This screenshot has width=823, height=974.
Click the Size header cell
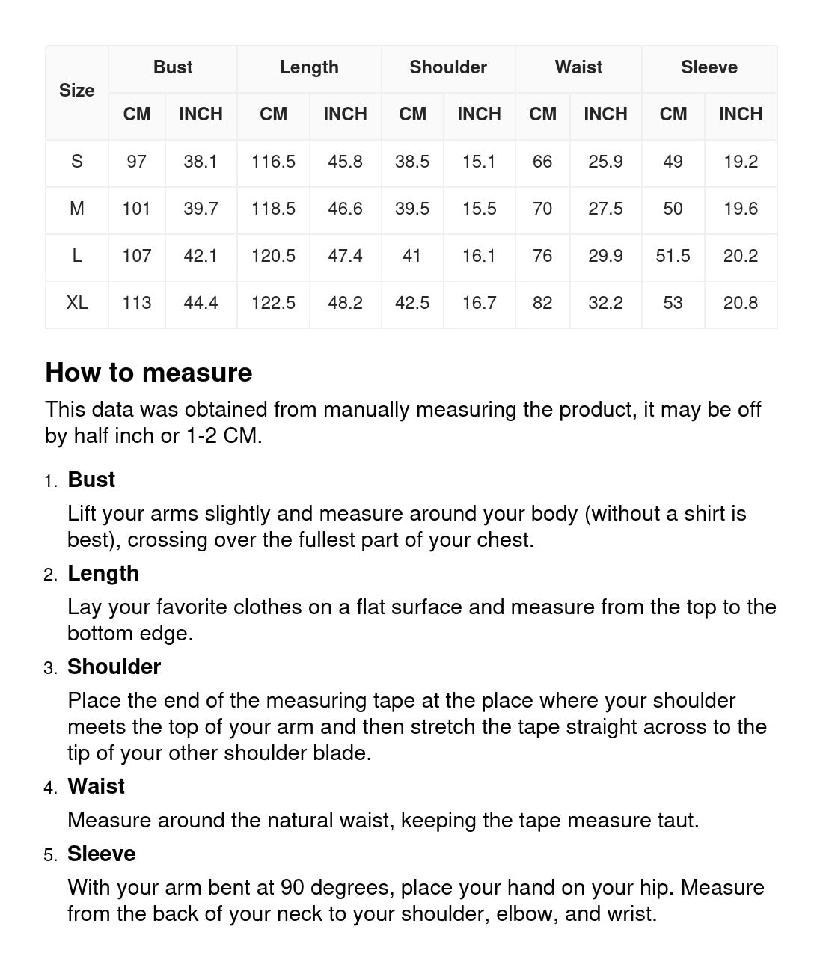coord(76,91)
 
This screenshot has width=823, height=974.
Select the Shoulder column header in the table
coord(447,67)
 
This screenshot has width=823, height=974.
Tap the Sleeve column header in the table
coord(709,67)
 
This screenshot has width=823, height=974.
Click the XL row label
coord(76,303)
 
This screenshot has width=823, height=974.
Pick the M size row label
coord(76,209)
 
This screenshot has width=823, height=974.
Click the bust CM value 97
coord(136,162)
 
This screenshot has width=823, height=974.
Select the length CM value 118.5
coord(273,209)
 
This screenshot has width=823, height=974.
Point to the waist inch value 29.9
coord(605,256)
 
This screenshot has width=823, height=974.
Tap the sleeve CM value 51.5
coord(673,256)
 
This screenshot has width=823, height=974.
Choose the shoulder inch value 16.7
coord(479,303)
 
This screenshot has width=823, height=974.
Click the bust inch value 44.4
coord(201,303)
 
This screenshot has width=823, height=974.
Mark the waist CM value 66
coord(542,162)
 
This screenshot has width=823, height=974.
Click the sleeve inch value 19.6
coord(740,209)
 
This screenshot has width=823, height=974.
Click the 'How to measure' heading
coord(148,373)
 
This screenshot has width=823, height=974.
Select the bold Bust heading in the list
coord(91,480)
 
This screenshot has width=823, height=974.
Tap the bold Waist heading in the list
coord(96,786)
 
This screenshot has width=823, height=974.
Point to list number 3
coord(50,668)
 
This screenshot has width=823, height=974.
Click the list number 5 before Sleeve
coord(50,855)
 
